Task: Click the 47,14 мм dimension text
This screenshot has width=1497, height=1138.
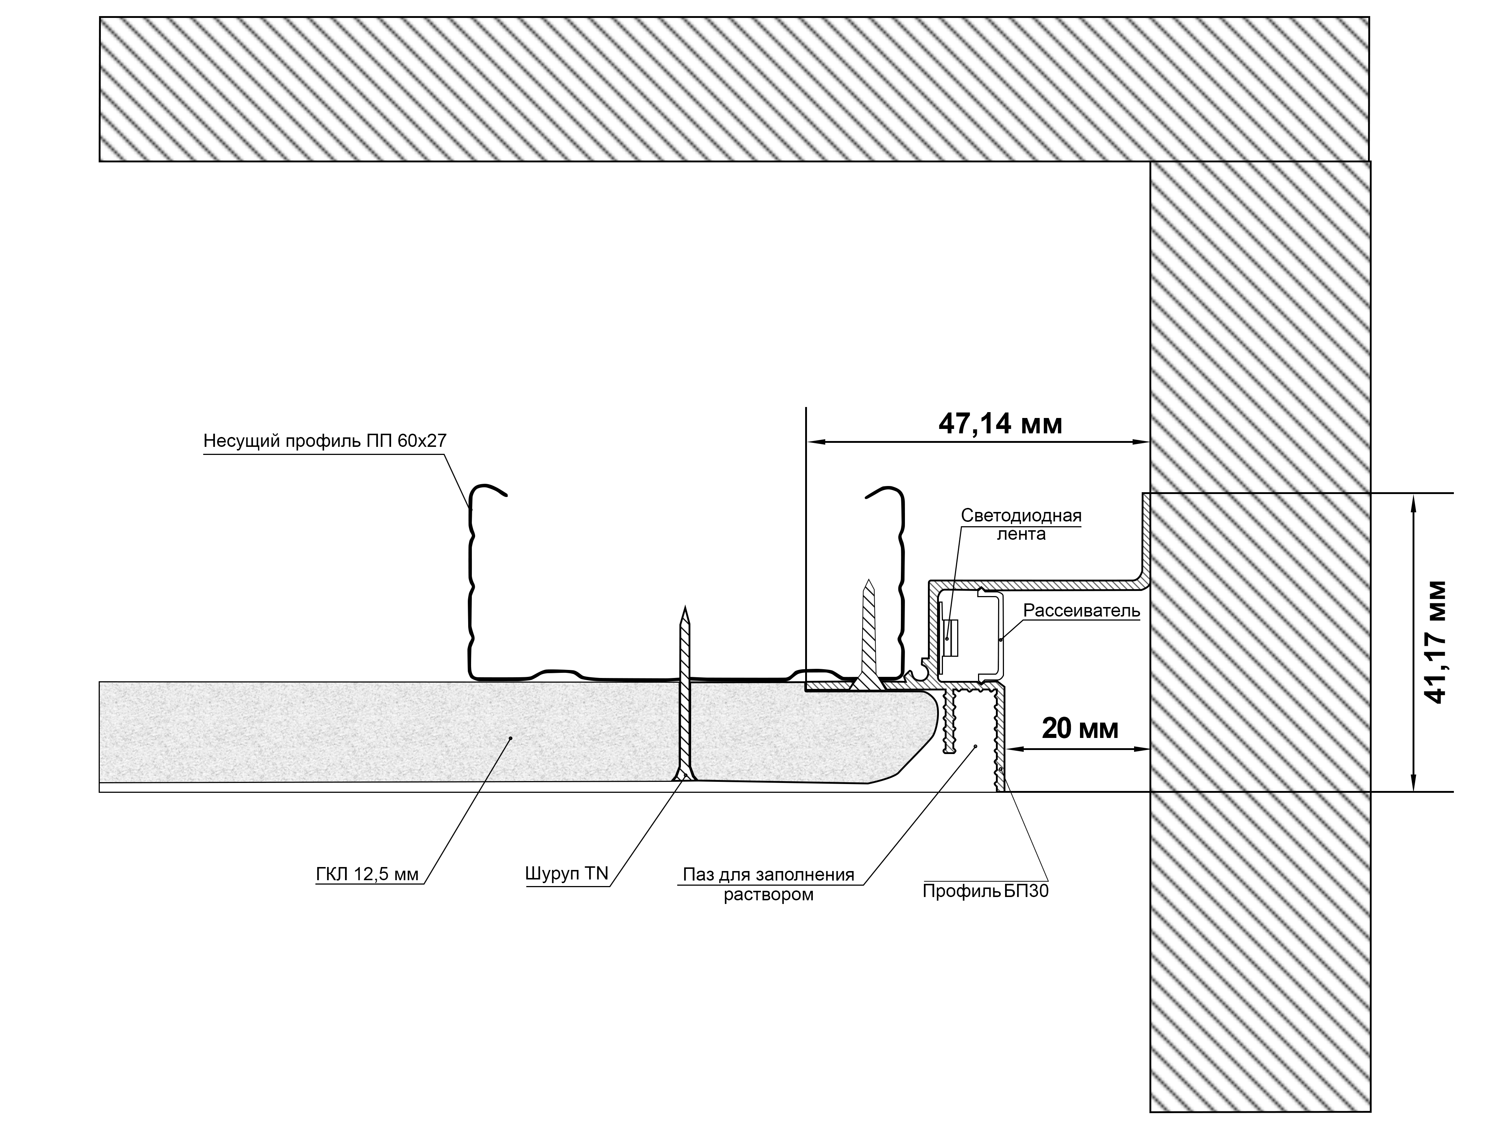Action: pyautogui.click(x=1000, y=424)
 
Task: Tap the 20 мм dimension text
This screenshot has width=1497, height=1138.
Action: pyautogui.click(x=1080, y=729)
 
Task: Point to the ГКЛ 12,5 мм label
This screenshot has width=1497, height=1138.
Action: pyautogui.click(x=368, y=874)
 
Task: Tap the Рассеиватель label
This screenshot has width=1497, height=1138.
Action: pyautogui.click(x=1081, y=610)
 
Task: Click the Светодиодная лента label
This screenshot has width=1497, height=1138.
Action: pyautogui.click(x=1021, y=524)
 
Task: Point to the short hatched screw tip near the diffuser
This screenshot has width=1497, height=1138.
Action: pyautogui.click(x=868, y=580)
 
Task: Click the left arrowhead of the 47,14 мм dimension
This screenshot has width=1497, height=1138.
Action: pyautogui.click(x=815, y=442)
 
